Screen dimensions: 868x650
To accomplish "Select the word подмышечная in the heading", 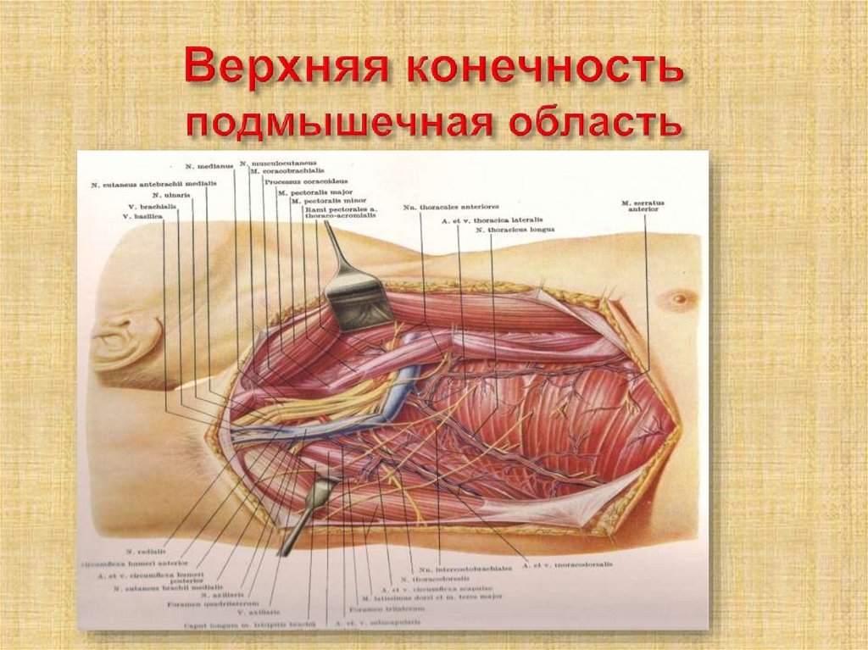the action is click(x=339, y=125).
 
